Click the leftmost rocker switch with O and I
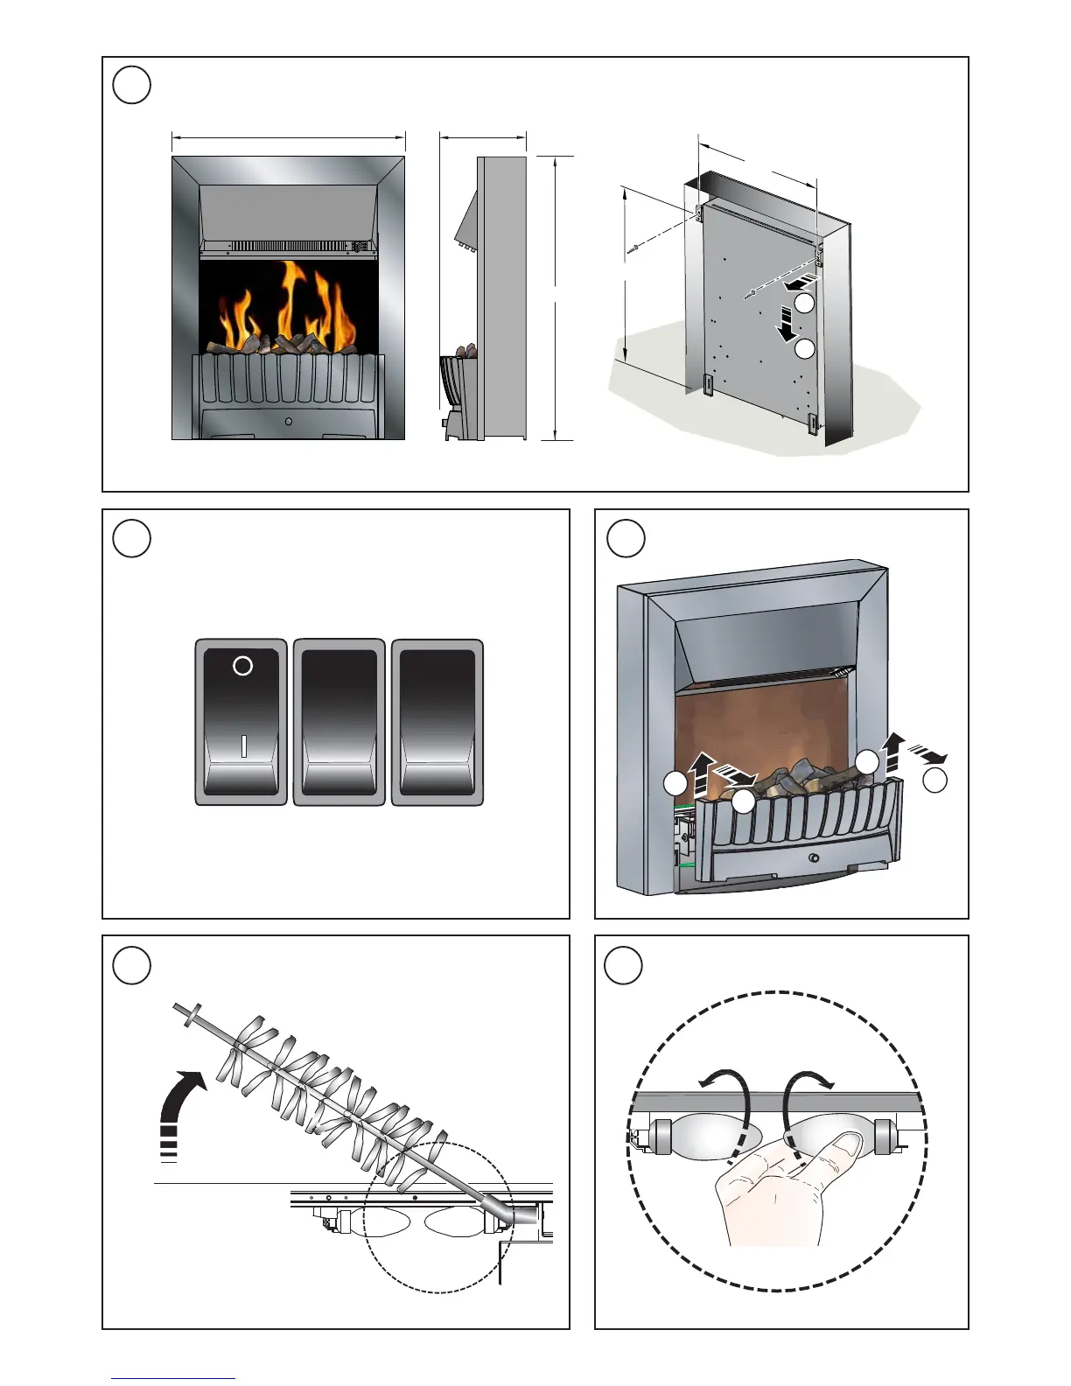coord(241,722)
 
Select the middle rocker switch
coord(339,722)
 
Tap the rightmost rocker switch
coord(437,722)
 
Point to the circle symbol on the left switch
coord(242,666)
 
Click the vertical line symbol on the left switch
coord(243,745)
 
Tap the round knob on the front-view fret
coord(289,422)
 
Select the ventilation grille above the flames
coord(293,247)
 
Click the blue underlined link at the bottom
coord(172,1378)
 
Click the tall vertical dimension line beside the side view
coord(556,297)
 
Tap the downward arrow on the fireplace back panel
coord(787,329)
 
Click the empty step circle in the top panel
coord(132,85)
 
